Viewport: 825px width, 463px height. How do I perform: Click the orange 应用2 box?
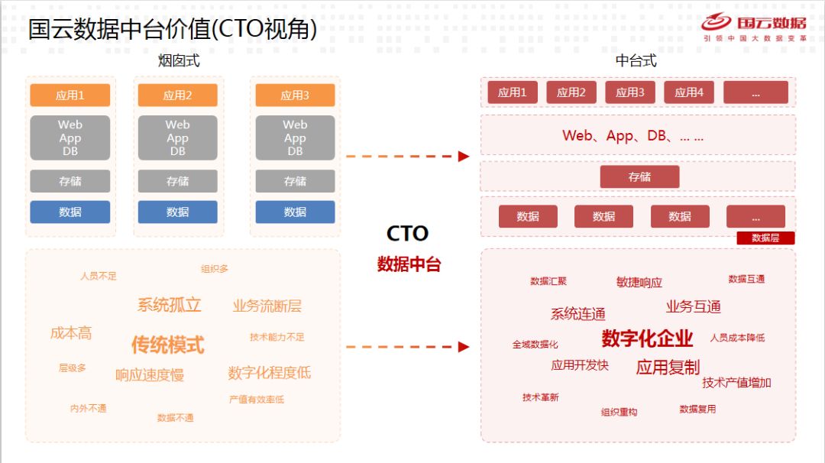(x=177, y=96)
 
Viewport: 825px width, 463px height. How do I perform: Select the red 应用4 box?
(x=689, y=92)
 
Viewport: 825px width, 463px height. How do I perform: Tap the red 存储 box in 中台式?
(x=639, y=177)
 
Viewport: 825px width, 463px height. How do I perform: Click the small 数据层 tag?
(x=765, y=238)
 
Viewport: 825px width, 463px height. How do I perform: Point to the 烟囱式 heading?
(x=179, y=61)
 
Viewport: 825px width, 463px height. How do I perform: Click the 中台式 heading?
(x=636, y=61)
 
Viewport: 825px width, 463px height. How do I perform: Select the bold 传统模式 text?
(x=167, y=345)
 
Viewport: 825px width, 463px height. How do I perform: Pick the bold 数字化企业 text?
(x=647, y=338)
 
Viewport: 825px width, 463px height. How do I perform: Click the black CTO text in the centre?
(x=407, y=234)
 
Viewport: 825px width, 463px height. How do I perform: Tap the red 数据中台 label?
(x=409, y=264)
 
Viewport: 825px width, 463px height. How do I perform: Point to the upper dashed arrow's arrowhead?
(x=464, y=157)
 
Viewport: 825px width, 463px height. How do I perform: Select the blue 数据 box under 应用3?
(x=295, y=212)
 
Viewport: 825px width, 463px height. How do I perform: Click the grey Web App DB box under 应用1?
(x=70, y=138)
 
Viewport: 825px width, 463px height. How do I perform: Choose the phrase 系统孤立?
(x=169, y=305)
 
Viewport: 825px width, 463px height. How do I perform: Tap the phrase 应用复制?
(x=668, y=367)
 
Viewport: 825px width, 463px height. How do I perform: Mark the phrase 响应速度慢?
(x=150, y=375)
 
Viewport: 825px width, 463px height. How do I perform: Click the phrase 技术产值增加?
(x=736, y=383)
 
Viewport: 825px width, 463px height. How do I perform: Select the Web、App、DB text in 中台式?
(x=632, y=136)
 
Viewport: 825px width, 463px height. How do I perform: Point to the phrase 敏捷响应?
(x=639, y=282)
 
